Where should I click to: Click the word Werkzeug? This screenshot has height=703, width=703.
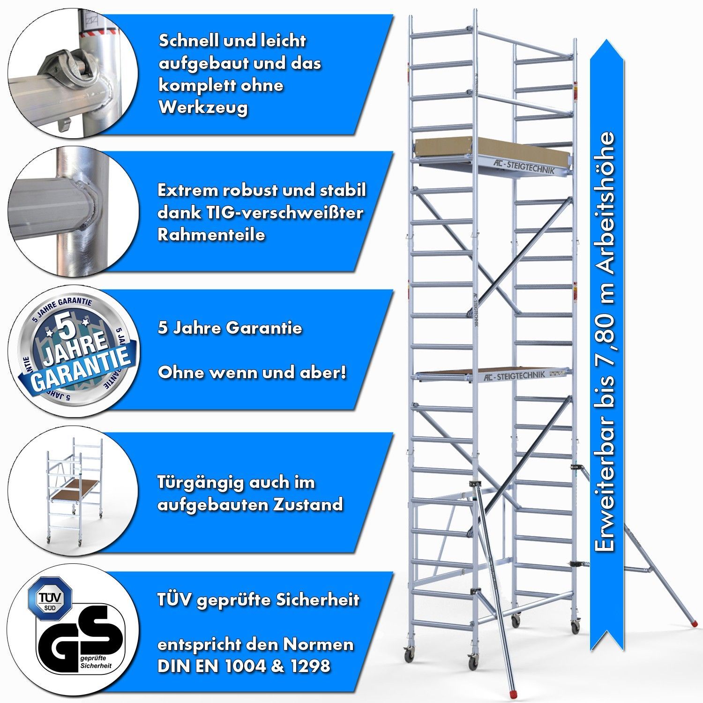point(203,108)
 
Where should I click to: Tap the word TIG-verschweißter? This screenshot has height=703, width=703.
point(260,213)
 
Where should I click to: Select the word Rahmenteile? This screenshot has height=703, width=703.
point(211,235)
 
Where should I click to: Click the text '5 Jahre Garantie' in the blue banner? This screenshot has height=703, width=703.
point(230,328)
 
